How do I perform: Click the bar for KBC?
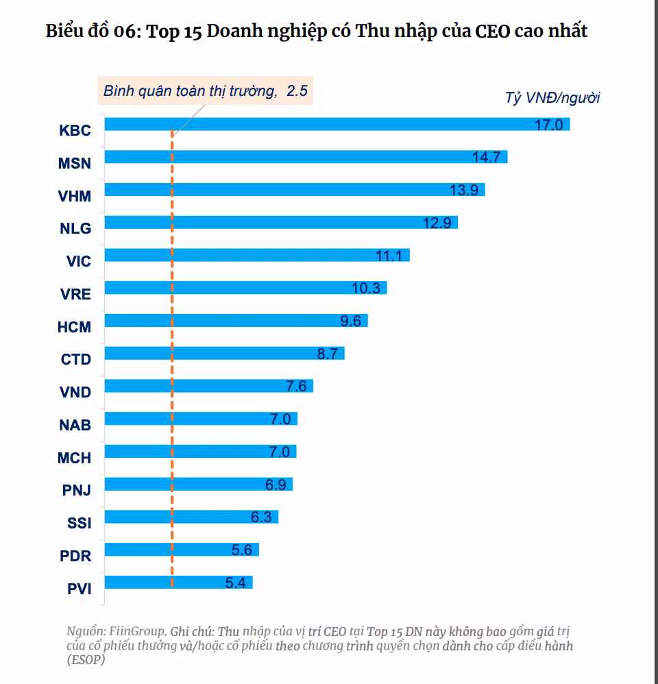point(336,124)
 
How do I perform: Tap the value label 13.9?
point(464,190)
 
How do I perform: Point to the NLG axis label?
point(75,228)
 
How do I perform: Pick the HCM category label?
point(74,327)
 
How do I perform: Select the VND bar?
point(208,386)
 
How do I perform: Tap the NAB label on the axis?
point(75,425)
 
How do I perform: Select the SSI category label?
point(80,524)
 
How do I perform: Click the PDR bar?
point(181,550)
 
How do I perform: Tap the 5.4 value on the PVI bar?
point(235,583)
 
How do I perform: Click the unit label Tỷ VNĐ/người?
point(552,97)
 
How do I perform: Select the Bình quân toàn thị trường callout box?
point(205,90)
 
